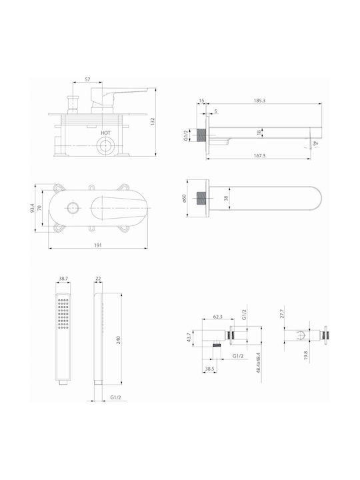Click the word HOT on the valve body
(105, 133)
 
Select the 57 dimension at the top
(87, 79)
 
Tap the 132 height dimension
(153, 121)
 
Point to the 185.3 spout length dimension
(259, 100)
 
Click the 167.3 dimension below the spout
(259, 155)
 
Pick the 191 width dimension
(97, 245)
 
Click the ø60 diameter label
(184, 199)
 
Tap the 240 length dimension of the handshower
(119, 340)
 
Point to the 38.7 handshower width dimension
(63, 279)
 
